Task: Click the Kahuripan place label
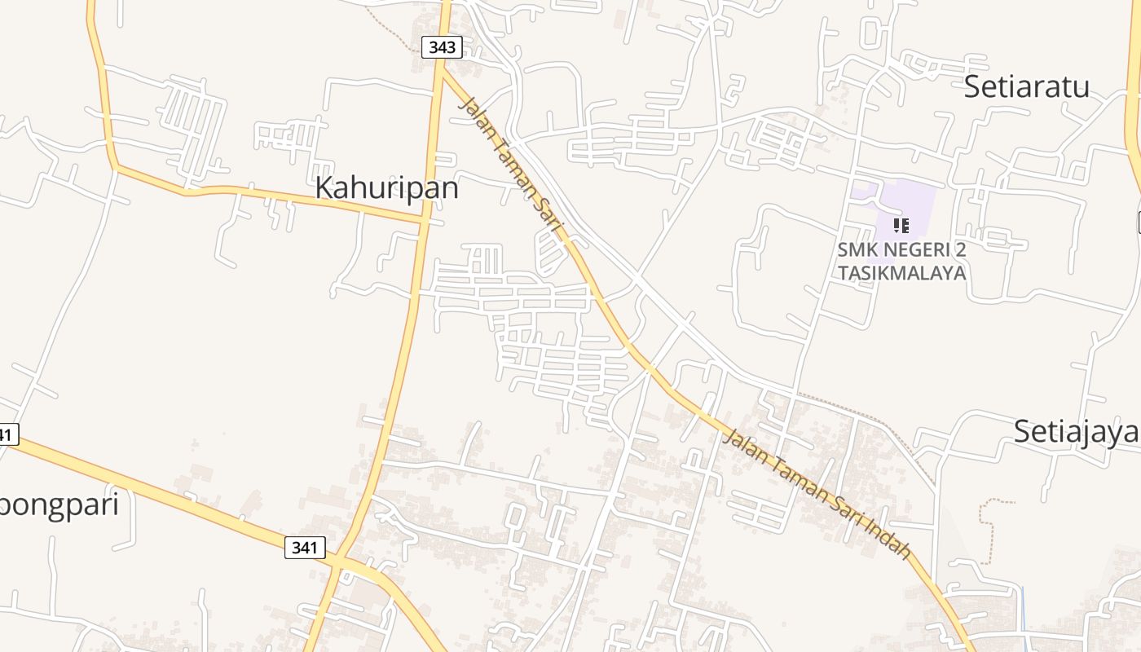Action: tap(386, 188)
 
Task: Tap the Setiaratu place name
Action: tap(1026, 86)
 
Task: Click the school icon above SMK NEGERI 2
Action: tap(901, 225)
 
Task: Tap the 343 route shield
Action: tap(442, 47)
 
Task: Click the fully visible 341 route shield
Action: tap(305, 548)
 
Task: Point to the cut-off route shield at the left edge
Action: tap(7, 434)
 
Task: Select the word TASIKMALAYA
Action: tap(902, 273)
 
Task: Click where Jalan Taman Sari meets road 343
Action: tap(441, 72)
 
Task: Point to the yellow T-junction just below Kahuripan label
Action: tap(423, 220)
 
